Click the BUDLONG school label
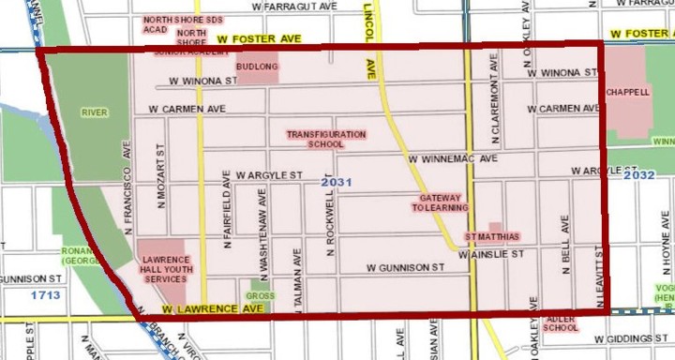click(257, 67)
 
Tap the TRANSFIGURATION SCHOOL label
click(326, 140)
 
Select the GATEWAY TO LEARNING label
click(436, 202)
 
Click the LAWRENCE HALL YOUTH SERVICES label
click(165, 267)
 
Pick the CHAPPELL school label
click(627, 93)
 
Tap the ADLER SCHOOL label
click(560, 323)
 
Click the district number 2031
click(336, 182)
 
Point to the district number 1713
click(45, 296)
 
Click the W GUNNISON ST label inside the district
click(405, 268)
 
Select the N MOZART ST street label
click(161, 176)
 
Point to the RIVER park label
click(95, 113)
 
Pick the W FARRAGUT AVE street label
click(293, 6)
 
